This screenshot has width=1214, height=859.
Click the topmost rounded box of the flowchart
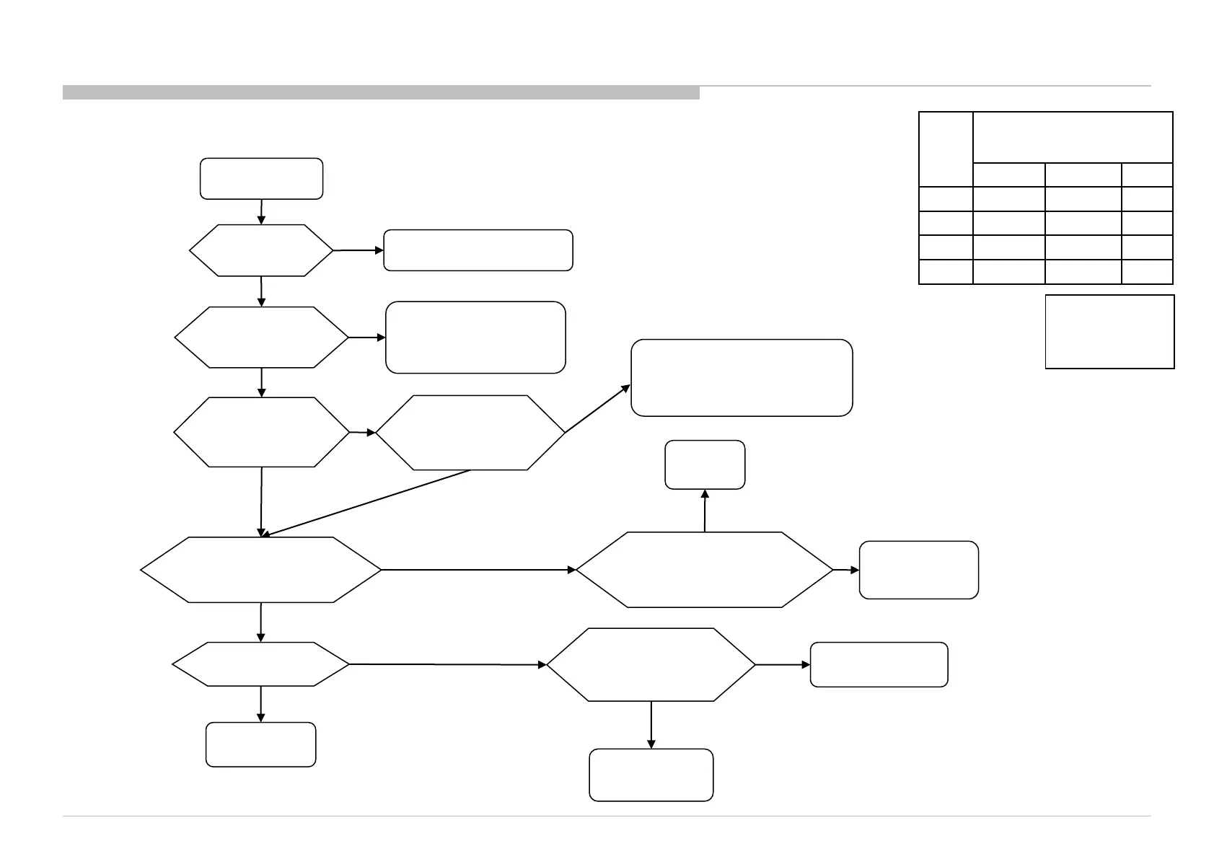(x=261, y=178)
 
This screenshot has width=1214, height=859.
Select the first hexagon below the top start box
(x=261, y=250)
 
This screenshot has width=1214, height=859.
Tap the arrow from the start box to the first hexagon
(x=261, y=211)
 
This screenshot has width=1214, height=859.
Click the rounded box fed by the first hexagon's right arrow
(x=478, y=250)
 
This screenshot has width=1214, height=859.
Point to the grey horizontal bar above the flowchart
(x=381, y=92)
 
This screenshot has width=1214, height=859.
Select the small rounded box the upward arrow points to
(x=705, y=464)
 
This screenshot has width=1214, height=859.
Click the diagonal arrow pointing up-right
(x=597, y=409)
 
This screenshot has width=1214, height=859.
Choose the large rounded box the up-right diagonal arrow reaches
(x=742, y=378)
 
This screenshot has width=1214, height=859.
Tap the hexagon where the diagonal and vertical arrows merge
(x=261, y=570)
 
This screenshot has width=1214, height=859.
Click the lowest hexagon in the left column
(x=261, y=664)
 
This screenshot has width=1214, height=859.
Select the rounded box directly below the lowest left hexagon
(x=261, y=744)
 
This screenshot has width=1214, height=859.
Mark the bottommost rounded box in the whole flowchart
(x=651, y=775)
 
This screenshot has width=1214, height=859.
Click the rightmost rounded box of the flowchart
(x=919, y=570)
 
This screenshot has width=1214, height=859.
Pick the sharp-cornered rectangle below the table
(x=1109, y=332)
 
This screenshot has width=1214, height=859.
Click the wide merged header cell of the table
(x=1073, y=137)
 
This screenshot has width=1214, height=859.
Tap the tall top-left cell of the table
(x=946, y=149)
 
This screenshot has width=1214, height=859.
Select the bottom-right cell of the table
(x=1147, y=272)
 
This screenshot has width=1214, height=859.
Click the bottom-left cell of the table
(x=946, y=272)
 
